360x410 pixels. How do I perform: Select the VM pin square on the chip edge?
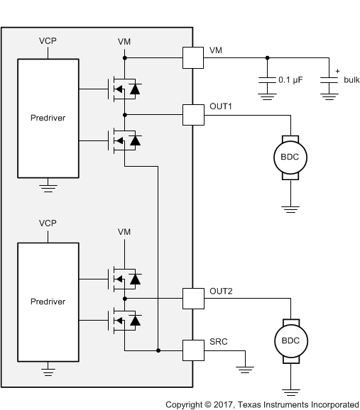click(x=192, y=58)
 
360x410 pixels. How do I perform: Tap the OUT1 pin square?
click(x=192, y=114)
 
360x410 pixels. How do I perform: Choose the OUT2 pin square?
click(x=192, y=298)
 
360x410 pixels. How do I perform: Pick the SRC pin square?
click(x=192, y=350)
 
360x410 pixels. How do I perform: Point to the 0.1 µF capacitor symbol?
click(x=266, y=82)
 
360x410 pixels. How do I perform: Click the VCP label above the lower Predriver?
click(x=48, y=223)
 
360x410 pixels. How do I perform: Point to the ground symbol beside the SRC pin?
click(x=246, y=367)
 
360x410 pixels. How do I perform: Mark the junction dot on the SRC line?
click(x=158, y=350)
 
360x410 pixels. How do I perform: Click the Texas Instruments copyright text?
click(x=262, y=404)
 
